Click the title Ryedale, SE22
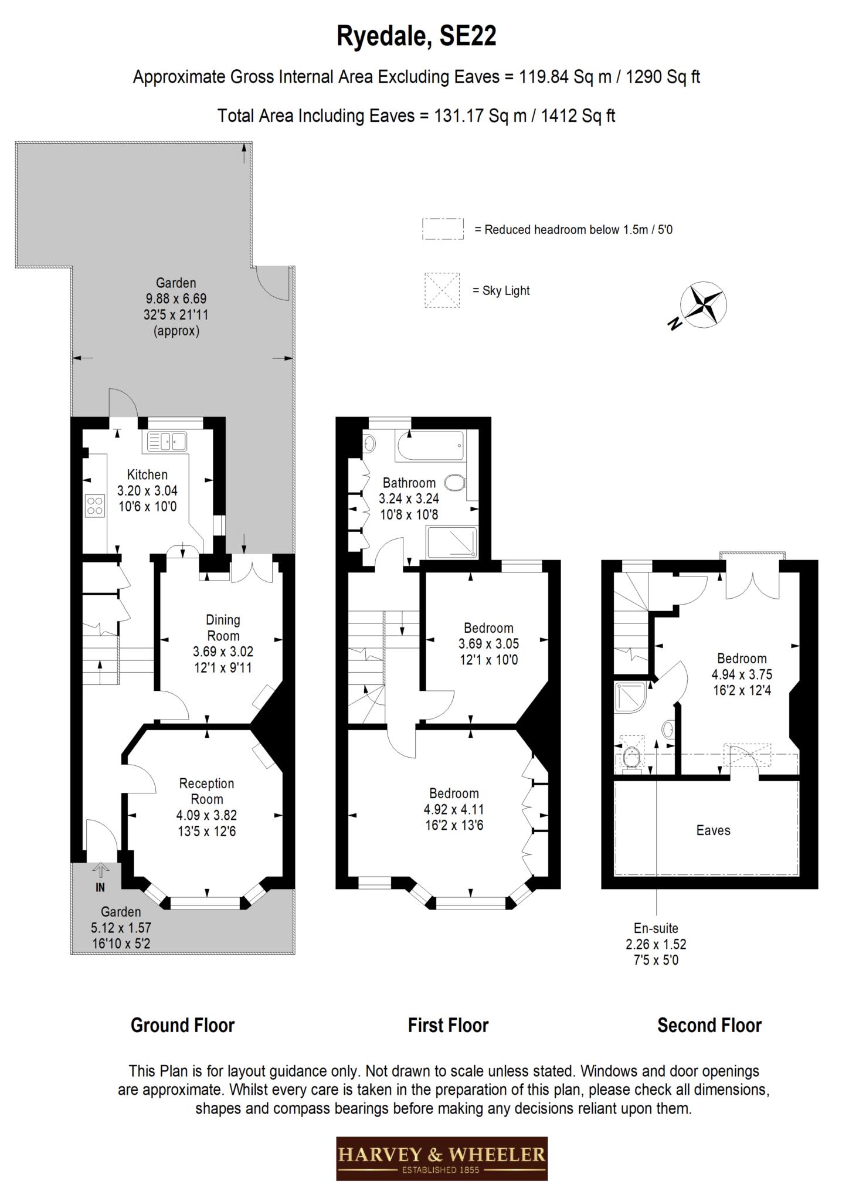click(416, 36)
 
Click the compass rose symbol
click(703, 306)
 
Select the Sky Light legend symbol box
click(442, 290)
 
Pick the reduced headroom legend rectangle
click(443, 229)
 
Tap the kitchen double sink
click(167, 442)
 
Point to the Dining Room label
click(223, 627)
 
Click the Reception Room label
click(206, 791)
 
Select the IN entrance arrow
click(101, 870)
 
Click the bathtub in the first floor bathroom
click(431, 446)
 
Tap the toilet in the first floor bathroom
click(455, 483)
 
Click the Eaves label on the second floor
click(714, 830)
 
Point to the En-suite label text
click(656, 928)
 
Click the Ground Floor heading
click(182, 1025)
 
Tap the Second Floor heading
click(709, 1025)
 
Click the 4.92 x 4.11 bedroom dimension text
click(454, 809)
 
